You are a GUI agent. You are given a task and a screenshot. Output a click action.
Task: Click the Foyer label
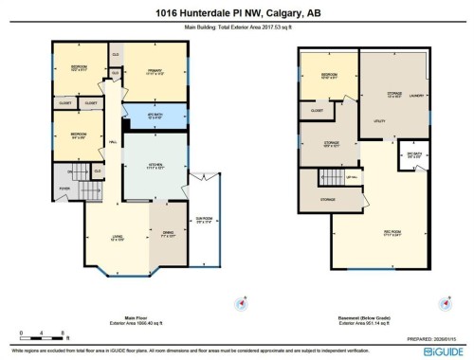(x=64, y=188)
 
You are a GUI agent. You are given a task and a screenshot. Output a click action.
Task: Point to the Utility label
(x=379, y=121)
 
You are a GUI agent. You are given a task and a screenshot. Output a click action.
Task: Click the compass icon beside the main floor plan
(x=238, y=304)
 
